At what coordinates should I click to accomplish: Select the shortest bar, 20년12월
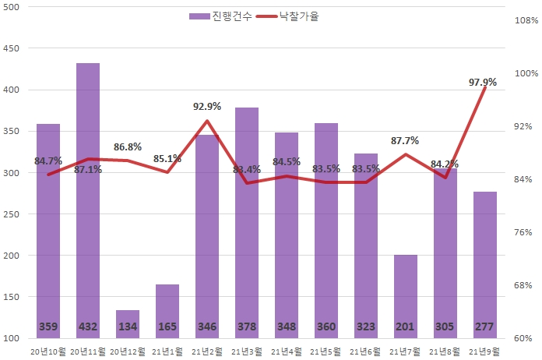coord(127,323)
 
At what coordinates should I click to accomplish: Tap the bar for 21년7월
coord(405,296)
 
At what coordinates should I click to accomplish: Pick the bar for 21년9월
coord(484,265)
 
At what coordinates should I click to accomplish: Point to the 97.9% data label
coord(481,82)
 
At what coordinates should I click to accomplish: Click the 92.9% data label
coord(206,107)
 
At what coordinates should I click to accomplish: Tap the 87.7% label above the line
coord(404,141)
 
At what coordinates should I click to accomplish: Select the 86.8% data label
coord(127,146)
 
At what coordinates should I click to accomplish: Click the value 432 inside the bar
coord(87,326)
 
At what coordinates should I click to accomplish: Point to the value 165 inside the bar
coord(167,326)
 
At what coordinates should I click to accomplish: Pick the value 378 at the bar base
coord(246,326)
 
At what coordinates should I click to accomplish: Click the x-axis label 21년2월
coord(206,351)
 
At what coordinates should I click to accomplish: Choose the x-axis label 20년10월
coord(48,351)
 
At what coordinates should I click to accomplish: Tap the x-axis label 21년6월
coord(365,351)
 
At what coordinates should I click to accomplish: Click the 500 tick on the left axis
coord(12,7)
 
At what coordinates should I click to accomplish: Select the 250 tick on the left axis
coord(12,214)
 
